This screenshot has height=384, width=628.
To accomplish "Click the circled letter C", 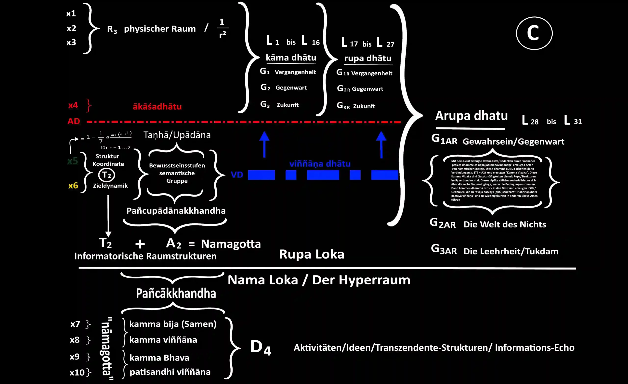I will pos(534,33).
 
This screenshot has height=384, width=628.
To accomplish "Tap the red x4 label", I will pos(73,105).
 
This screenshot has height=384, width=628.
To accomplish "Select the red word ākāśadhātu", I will pos(157,106).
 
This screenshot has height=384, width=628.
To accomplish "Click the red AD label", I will pos(74,121).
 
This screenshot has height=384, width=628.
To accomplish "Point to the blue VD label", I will pos(237,175).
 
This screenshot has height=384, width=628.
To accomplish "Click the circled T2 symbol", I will pos(106,175).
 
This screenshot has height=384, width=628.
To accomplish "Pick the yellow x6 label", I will pos(73,185).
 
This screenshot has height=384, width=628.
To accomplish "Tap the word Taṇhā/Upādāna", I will pos(177,135).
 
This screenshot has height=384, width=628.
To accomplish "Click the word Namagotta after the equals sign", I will pos(231,244).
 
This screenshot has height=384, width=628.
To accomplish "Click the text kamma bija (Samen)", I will pos(173,324).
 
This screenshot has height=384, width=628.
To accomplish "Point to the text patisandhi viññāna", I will pos(170,372).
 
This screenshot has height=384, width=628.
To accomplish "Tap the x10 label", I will pos(77,372).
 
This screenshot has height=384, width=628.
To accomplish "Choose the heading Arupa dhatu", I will pos(471,116).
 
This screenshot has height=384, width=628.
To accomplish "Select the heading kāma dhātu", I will pos(291,58).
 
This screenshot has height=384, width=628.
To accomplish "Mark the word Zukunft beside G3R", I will pos(364,106).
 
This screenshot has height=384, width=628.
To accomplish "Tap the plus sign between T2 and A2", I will pos(140,244).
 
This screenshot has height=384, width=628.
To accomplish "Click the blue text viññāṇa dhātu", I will pos(320,163).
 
